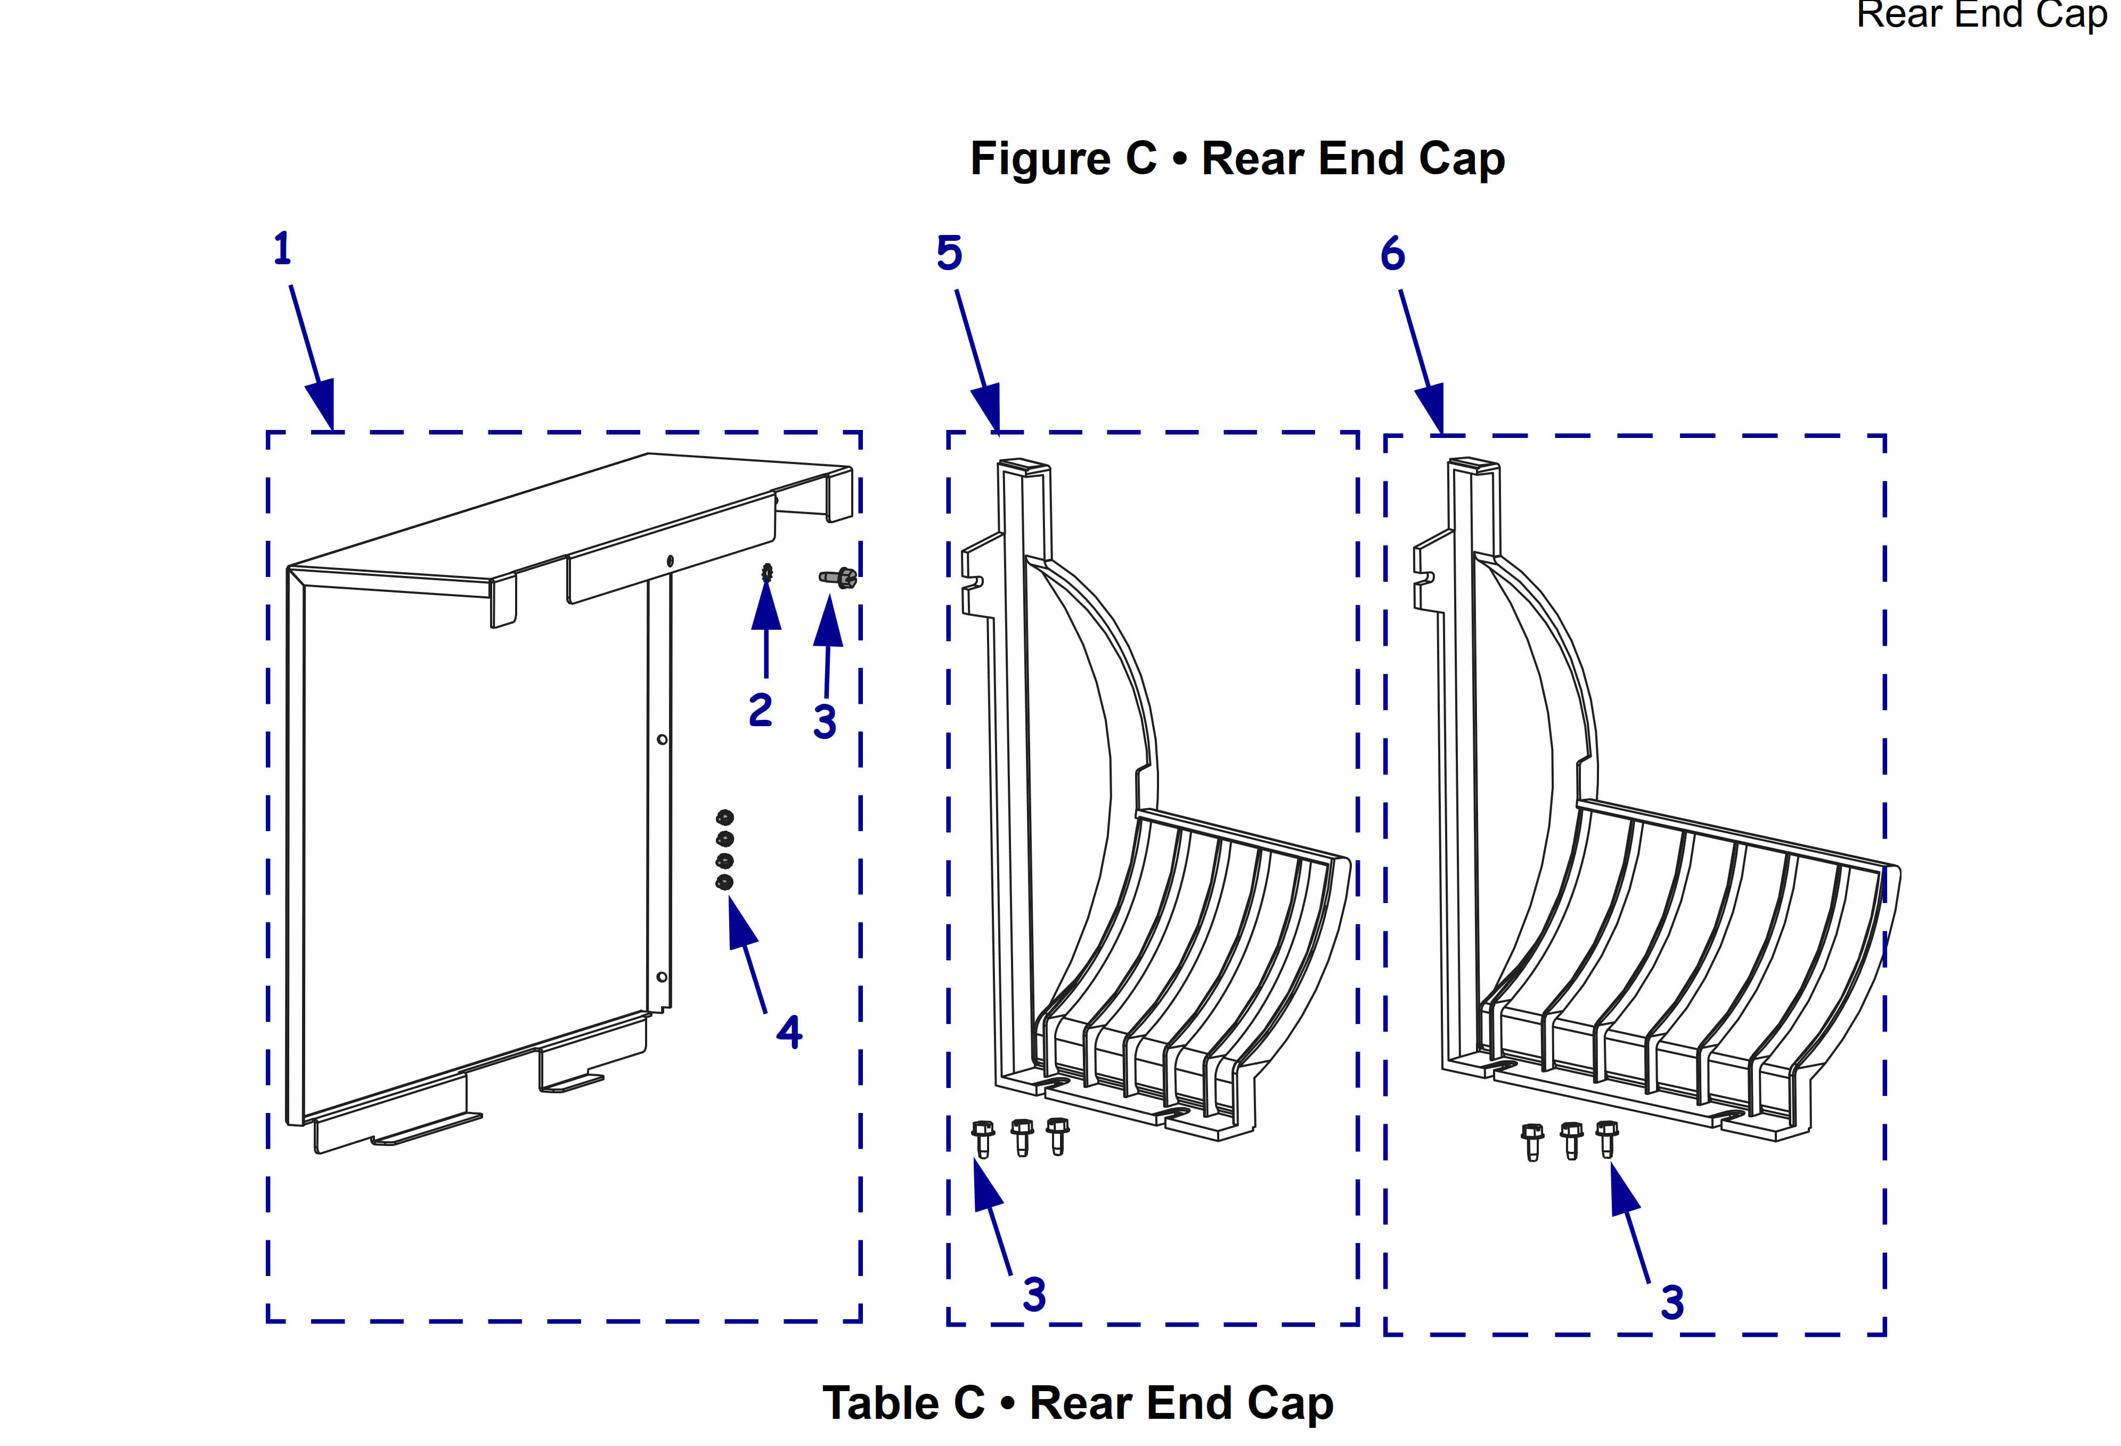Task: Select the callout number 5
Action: click(949, 253)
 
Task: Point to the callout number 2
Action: click(760, 710)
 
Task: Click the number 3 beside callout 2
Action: click(825, 722)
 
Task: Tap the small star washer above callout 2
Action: click(766, 573)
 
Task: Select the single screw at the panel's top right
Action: click(838, 577)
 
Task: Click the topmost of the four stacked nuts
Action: click(724, 817)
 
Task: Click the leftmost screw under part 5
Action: click(983, 1139)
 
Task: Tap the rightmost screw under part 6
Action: click(1607, 1139)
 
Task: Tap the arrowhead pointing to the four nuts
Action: click(741, 922)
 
